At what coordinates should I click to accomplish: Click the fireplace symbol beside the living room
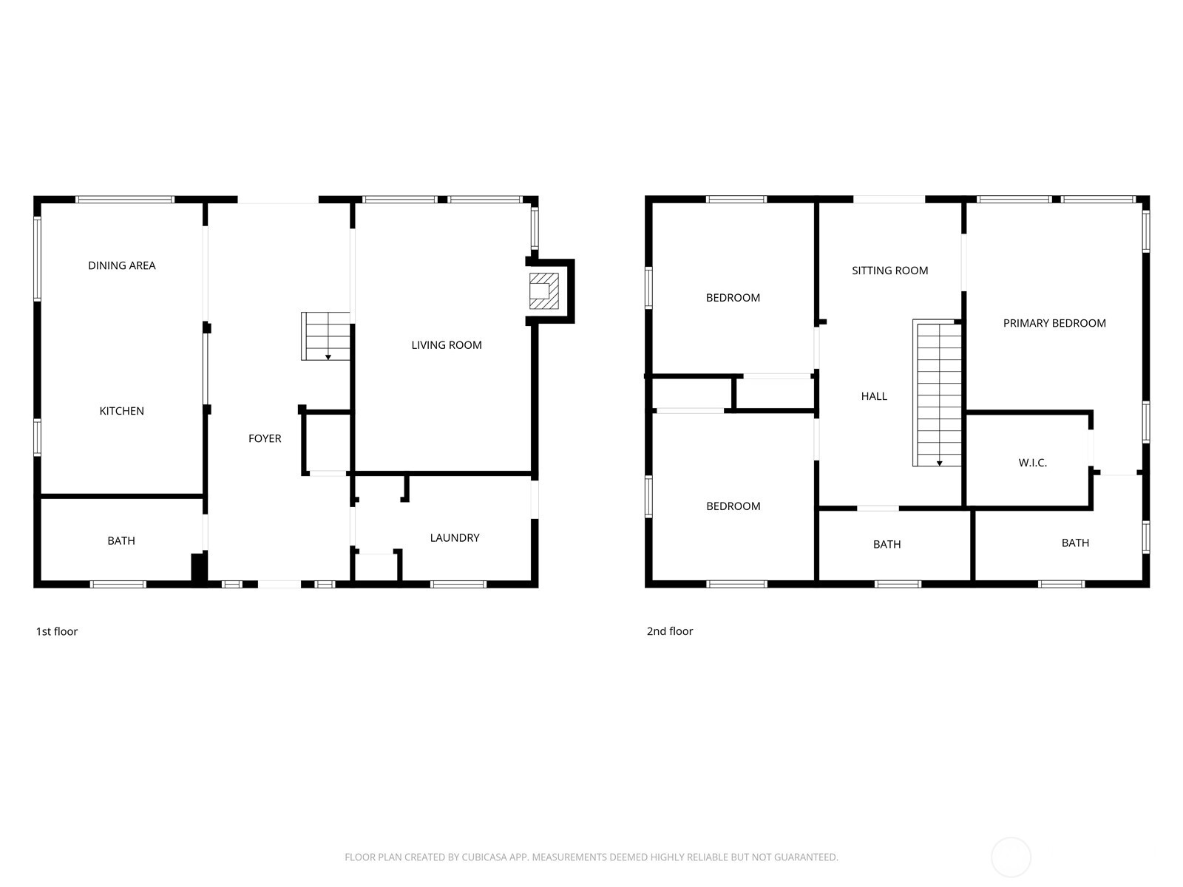(x=543, y=291)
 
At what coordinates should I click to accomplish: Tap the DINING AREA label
(x=122, y=265)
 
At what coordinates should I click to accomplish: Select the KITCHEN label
(x=122, y=411)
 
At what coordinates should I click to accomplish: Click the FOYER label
(x=265, y=438)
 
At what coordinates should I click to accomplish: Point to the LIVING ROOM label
(x=447, y=344)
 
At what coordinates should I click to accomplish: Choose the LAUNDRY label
(x=455, y=537)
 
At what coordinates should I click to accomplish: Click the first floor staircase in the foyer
(x=325, y=336)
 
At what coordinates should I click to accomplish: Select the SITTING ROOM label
(x=889, y=271)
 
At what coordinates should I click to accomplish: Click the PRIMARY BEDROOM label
(x=1054, y=323)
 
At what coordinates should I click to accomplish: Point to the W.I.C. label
(x=1032, y=463)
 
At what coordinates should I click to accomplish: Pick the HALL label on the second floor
(x=874, y=396)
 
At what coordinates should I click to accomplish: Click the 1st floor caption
(x=57, y=631)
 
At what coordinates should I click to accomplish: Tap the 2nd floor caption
(x=670, y=631)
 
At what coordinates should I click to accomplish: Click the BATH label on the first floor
(x=121, y=540)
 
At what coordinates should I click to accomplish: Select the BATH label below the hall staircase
(x=887, y=544)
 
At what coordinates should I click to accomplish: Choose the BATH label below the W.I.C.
(x=1075, y=543)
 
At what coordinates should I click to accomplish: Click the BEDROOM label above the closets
(x=733, y=298)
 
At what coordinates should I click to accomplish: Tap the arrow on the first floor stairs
(x=328, y=357)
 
